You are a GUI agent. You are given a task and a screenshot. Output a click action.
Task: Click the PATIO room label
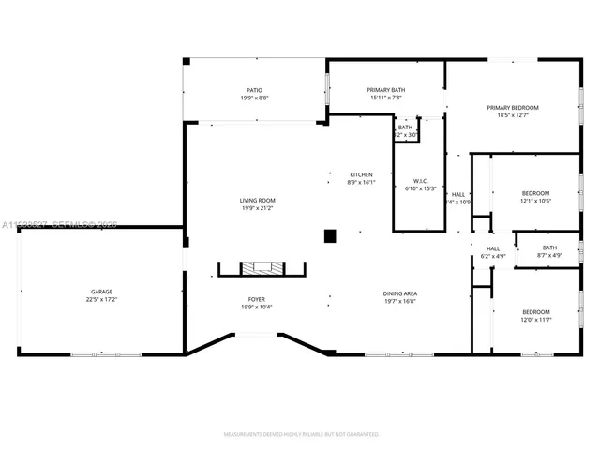pos(254,90)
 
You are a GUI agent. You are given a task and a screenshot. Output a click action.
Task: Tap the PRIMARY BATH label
pos(384,90)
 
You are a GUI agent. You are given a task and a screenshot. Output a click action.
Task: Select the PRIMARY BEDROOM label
pos(513,108)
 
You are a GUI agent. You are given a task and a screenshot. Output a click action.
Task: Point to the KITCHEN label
pos(361,175)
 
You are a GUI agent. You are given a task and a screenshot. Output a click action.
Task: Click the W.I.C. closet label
pos(420,181)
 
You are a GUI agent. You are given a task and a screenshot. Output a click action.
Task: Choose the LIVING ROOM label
pos(255,200)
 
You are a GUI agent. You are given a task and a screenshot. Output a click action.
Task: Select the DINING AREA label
pos(400,294)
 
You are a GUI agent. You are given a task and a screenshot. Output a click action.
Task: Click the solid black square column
pos(330,236)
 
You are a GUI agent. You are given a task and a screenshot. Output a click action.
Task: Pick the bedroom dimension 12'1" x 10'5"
pos(536,201)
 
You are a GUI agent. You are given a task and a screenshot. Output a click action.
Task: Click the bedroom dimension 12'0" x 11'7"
pos(536,320)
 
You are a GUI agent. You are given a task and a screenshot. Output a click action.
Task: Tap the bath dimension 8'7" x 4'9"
pos(549,255)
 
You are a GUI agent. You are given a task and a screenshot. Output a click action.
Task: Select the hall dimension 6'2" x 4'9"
pos(493,256)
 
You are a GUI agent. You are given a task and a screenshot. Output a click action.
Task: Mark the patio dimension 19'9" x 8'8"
pos(254,97)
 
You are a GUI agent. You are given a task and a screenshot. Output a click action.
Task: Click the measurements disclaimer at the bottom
pos(300,434)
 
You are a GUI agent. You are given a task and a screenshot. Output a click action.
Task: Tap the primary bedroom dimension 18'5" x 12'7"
pos(513,115)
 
